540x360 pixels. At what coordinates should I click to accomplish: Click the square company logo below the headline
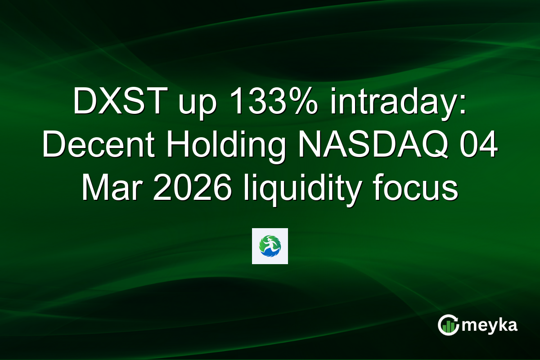click(x=270, y=246)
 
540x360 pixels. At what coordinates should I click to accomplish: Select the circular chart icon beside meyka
click(x=448, y=324)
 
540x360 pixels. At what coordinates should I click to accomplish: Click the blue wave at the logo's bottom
click(x=270, y=255)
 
